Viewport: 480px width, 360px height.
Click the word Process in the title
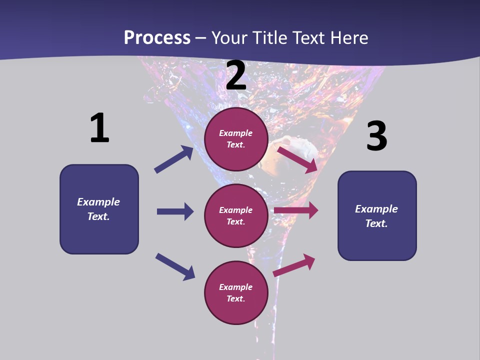tap(157, 38)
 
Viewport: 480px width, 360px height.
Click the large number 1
tap(99, 128)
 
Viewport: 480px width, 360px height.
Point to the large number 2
tap(236, 76)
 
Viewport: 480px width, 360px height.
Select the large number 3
tap(376, 136)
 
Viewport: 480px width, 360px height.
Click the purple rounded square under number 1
tap(99, 209)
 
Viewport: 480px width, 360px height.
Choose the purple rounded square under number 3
tap(377, 215)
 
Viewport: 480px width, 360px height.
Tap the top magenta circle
tap(236, 139)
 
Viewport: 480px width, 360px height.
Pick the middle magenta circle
tap(236, 215)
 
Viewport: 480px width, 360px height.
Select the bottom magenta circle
tap(236, 292)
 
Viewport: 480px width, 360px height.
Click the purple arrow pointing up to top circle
tap(173, 159)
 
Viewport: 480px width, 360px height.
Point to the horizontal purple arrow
tap(175, 211)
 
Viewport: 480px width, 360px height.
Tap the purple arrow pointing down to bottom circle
tap(175, 266)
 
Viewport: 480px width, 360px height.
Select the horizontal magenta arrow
tap(296, 210)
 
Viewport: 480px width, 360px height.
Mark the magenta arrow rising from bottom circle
tap(294, 265)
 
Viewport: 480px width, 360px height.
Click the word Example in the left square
tap(98, 202)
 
